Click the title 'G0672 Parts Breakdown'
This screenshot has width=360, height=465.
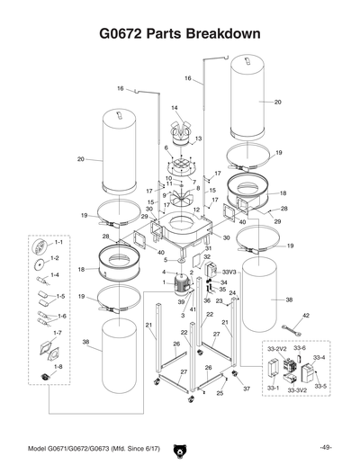tap(180, 34)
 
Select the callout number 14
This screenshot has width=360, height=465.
tap(175, 109)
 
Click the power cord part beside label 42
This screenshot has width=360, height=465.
tap(292, 331)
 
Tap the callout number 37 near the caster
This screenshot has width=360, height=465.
tap(246, 389)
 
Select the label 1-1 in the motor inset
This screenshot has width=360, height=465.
tap(58, 243)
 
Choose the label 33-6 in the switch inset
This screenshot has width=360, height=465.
tap(300, 348)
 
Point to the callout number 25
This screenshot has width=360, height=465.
tap(219, 393)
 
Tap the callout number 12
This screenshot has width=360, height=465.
tap(197, 210)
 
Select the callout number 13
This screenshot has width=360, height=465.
tap(198, 139)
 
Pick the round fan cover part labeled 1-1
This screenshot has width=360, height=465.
tap(39, 247)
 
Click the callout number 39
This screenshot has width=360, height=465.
tap(181, 303)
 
